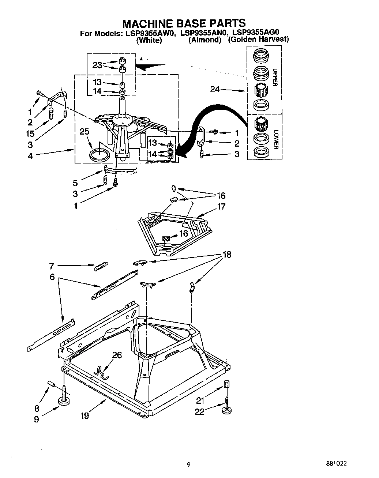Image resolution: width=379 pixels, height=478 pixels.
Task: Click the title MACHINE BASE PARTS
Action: click(x=184, y=24)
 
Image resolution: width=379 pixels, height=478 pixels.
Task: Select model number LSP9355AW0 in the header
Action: click(x=150, y=33)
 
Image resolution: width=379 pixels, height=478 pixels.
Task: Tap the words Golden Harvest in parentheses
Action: click(x=258, y=39)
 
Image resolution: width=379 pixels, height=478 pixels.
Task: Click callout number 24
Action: click(x=215, y=89)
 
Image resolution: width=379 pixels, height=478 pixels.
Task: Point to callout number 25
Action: click(x=84, y=131)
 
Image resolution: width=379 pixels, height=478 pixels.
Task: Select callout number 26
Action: click(x=117, y=355)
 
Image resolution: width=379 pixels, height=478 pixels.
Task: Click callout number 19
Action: click(x=85, y=415)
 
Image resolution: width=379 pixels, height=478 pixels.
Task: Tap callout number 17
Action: click(x=221, y=207)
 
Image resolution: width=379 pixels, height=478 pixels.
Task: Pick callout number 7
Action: click(x=52, y=266)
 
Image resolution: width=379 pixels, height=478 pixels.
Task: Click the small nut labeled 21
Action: click(x=226, y=385)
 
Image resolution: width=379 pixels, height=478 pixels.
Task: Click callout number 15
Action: click(x=30, y=133)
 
